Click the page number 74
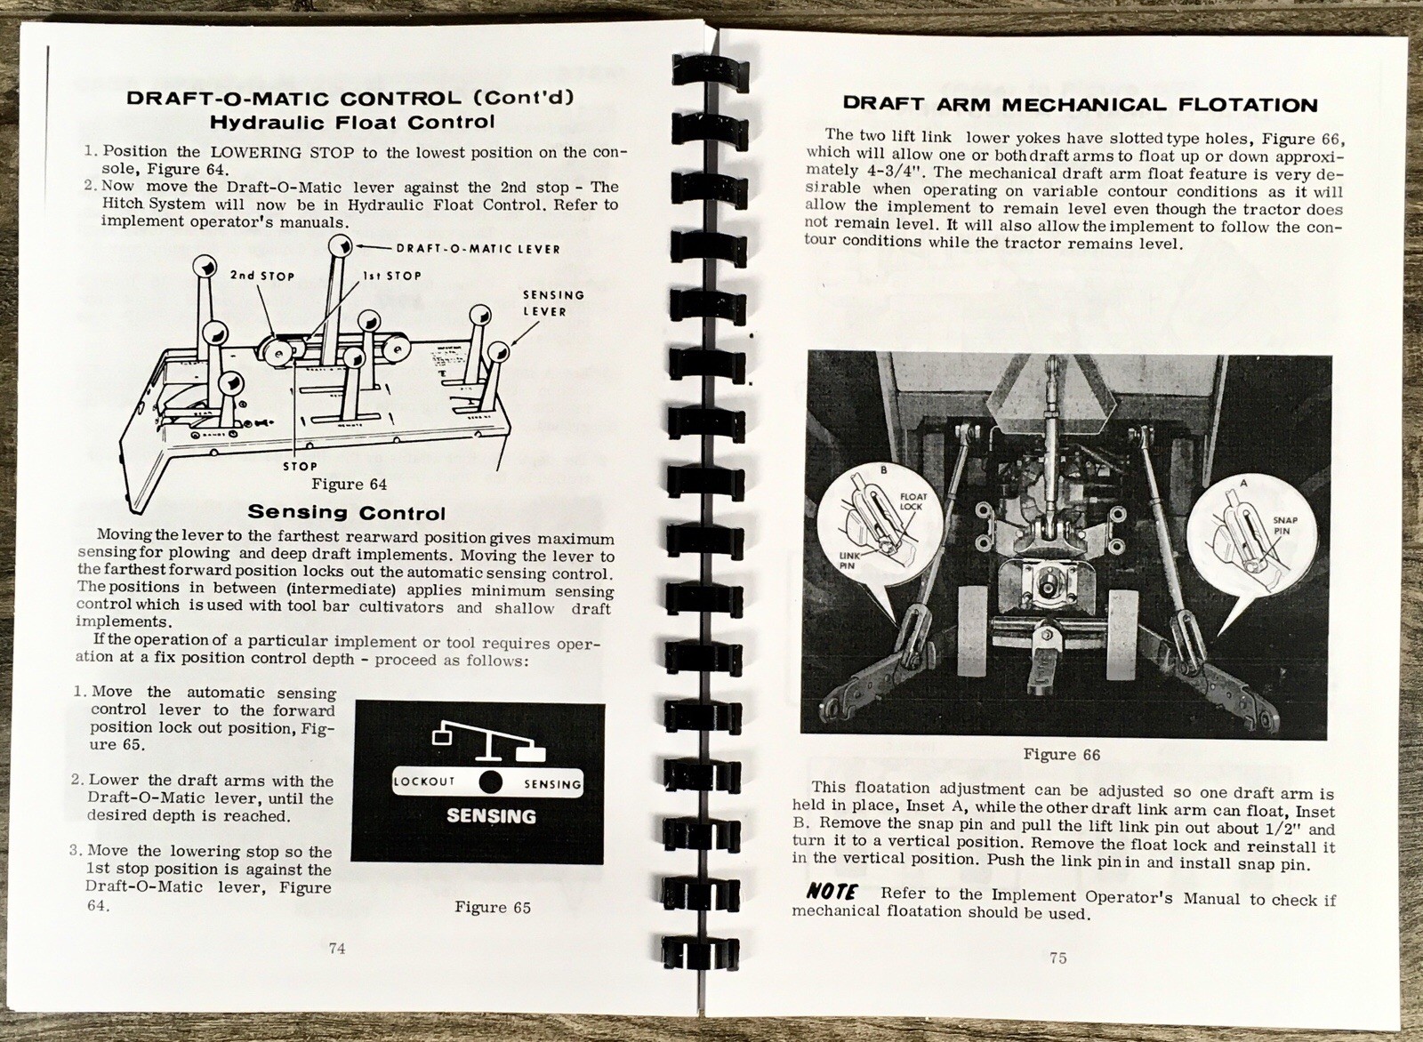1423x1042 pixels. point(337,948)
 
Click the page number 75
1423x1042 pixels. point(1057,958)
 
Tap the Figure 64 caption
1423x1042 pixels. point(350,485)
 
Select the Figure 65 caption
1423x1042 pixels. point(493,908)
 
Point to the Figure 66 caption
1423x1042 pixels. point(1061,755)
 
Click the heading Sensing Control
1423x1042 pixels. point(346,513)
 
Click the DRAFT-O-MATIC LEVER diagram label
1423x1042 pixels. point(478,248)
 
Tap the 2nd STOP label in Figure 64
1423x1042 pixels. point(261,276)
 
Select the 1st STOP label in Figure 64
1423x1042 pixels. point(392,277)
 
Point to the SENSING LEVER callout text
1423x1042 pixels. point(552,302)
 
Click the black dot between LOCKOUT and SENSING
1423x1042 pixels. point(490,782)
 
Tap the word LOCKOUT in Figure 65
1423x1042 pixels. point(424,782)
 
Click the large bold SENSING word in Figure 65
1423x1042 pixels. point(491,816)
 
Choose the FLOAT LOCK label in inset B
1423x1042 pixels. point(912,501)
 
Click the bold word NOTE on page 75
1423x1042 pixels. point(832,892)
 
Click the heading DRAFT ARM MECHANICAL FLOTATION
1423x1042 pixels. point(1080,105)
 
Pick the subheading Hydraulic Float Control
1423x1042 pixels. point(351,122)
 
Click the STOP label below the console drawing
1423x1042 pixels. point(300,466)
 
